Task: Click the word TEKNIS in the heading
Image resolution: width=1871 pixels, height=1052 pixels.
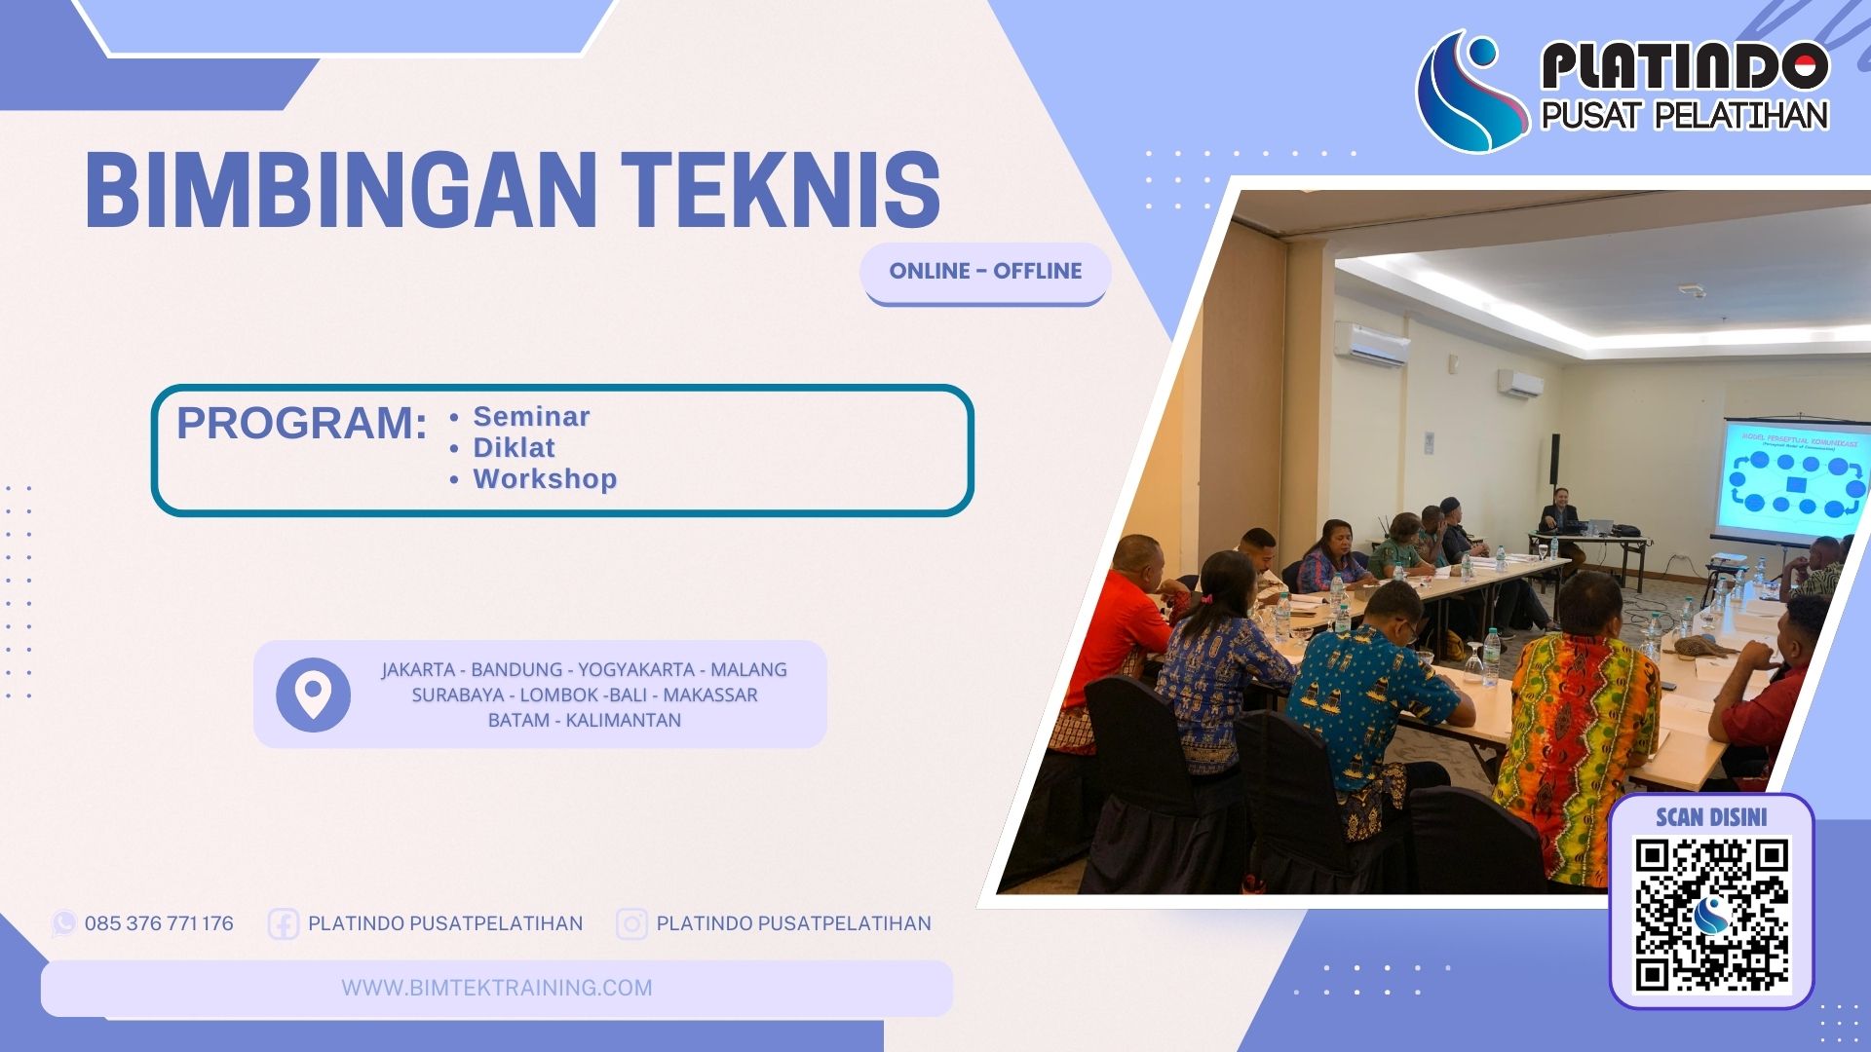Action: pyautogui.click(x=781, y=191)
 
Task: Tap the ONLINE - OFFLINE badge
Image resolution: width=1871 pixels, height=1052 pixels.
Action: pyautogui.click(x=985, y=272)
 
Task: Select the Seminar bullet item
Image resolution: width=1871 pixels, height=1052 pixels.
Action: pyautogui.click(x=531, y=417)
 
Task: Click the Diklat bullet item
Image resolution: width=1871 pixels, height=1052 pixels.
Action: pyautogui.click(x=514, y=448)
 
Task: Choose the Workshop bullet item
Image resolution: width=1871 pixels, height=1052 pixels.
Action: pyautogui.click(x=545, y=479)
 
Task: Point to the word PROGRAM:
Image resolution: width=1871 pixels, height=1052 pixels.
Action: pyautogui.click(x=302, y=423)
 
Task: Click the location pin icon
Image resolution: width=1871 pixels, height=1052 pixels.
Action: pyautogui.click(x=313, y=695)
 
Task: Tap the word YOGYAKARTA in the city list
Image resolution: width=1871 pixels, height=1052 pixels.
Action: pyautogui.click(x=635, y=670)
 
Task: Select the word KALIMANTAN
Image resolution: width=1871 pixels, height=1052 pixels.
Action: pyautogui.click(x=624, y=721)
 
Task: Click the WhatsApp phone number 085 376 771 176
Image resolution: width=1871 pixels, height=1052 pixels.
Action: pyautogui.click(x=159, y=923)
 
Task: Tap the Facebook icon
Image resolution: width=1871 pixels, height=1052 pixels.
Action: pyautogui.click(x=283, y=923)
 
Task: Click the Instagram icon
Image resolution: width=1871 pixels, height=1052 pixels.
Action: pyautogui.click(x=631, y=923)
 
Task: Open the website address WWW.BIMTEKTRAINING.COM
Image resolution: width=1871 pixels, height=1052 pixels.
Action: pyautogui.click(x=497, y=988)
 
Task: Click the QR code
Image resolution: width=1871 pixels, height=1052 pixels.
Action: pyautogui.click(x=1711, y=915)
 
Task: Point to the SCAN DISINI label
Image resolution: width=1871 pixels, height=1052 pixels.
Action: pyautogui.click(x=1711, y=817)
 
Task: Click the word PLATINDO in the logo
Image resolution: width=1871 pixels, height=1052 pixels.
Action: pyautogui.click(x=1684, y=66)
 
